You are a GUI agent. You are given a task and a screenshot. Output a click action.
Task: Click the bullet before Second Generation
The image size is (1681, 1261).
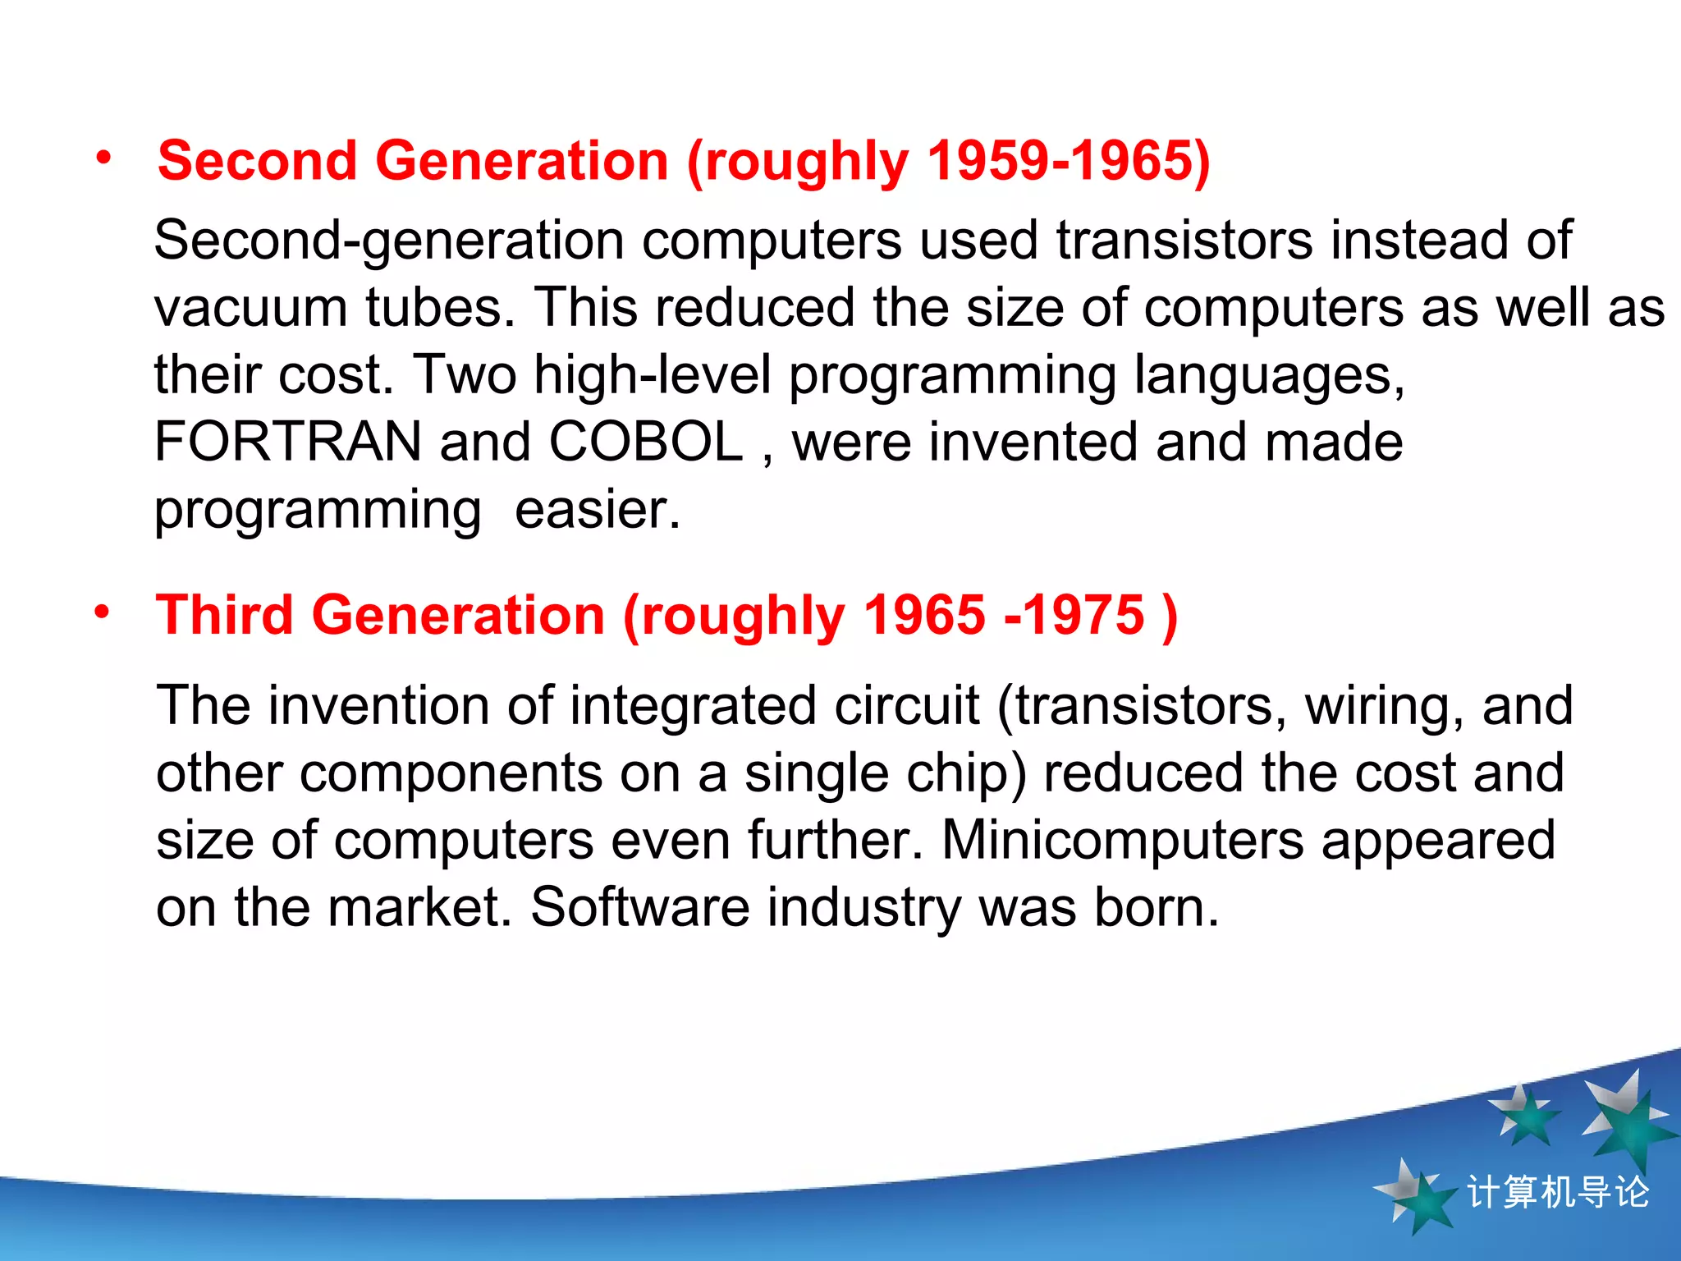[103, 158]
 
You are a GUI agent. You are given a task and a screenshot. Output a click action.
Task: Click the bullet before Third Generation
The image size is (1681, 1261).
[102, 612]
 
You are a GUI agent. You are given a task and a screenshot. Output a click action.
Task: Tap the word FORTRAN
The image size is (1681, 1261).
[288, 442]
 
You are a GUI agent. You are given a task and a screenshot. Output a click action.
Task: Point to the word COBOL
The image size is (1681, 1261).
[646, 442]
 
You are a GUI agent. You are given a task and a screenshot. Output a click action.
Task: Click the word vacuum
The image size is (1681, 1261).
[250, 309]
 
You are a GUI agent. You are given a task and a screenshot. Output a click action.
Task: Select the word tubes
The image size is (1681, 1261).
[440, 309]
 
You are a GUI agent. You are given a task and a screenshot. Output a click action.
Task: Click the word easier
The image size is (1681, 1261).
[598, 510]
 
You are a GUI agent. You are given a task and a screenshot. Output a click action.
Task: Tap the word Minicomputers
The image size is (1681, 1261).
[1122, 840]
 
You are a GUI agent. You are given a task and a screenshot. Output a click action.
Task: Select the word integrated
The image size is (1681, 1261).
[693, 706]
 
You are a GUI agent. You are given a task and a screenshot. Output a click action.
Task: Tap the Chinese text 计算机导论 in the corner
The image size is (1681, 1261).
[1557, 1192]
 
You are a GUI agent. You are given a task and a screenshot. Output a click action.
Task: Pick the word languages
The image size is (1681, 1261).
[1269, 376]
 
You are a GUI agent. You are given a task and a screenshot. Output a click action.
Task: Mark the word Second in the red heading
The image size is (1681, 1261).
[257, 160]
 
